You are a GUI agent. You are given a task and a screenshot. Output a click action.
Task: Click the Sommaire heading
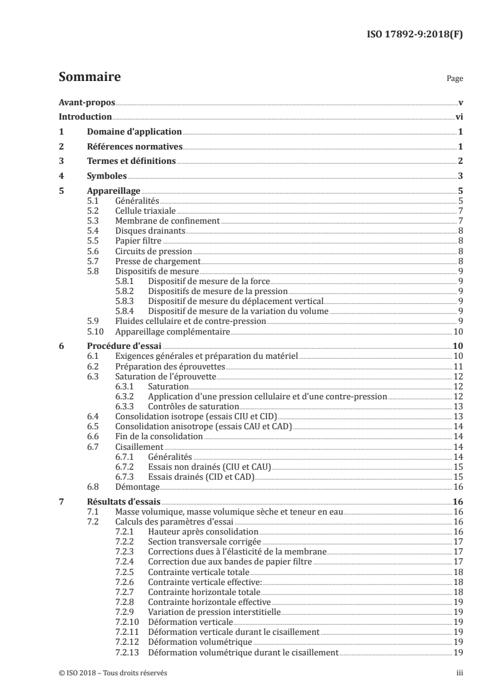(x=89, y=77)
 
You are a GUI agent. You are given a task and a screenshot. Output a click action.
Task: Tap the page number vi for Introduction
(x=458, y=117)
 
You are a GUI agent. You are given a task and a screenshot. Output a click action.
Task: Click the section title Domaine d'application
(x=133, y=132)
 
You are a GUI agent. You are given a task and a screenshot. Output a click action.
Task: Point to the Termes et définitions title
(x=131, y=161)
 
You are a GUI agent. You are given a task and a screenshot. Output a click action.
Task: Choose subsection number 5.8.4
(x=125, y=311)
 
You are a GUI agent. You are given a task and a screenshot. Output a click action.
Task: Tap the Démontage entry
(x=138, y=487)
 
